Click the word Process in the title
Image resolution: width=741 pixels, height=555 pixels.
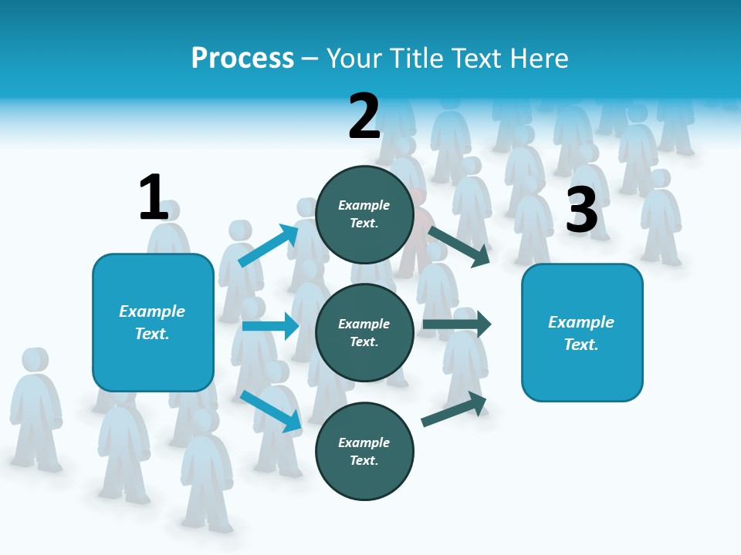pyautogui.click(x=242, y=59)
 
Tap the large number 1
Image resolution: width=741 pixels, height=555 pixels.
pyautogui.click(x=154, y=197)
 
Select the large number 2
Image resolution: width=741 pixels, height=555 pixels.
pyautogui.click(x=364, y=116)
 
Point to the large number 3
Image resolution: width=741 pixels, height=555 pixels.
pyautogui.click(x=582, y=210)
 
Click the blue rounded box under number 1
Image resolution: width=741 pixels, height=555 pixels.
pyautogui.click(x=153, y=322)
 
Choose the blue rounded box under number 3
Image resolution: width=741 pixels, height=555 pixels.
pyautogui.click(x=582, y=333)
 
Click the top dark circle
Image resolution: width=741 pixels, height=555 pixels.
pyautogui.click(x=364, y=214)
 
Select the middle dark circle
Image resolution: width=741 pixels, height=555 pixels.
pyautogui.click(x=364, y=332)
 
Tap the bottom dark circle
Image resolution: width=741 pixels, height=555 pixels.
pyautogui.click(x=364, y=451)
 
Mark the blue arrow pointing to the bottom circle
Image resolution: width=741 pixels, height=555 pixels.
pyautogui.click(x=271, y=411)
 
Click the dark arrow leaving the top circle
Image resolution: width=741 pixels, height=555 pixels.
pyautogui.click(x=459, y=246)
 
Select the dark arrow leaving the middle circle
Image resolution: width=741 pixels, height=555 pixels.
pyautogui.click(x=457, y=324)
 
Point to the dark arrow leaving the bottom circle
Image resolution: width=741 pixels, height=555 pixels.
pyautogui.click(x=454, y=409)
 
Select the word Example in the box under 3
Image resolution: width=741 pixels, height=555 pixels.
pyautogui.click(x=581, y=322)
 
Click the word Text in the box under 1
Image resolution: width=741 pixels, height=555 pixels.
pyautogui.click(x=152, y=334)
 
